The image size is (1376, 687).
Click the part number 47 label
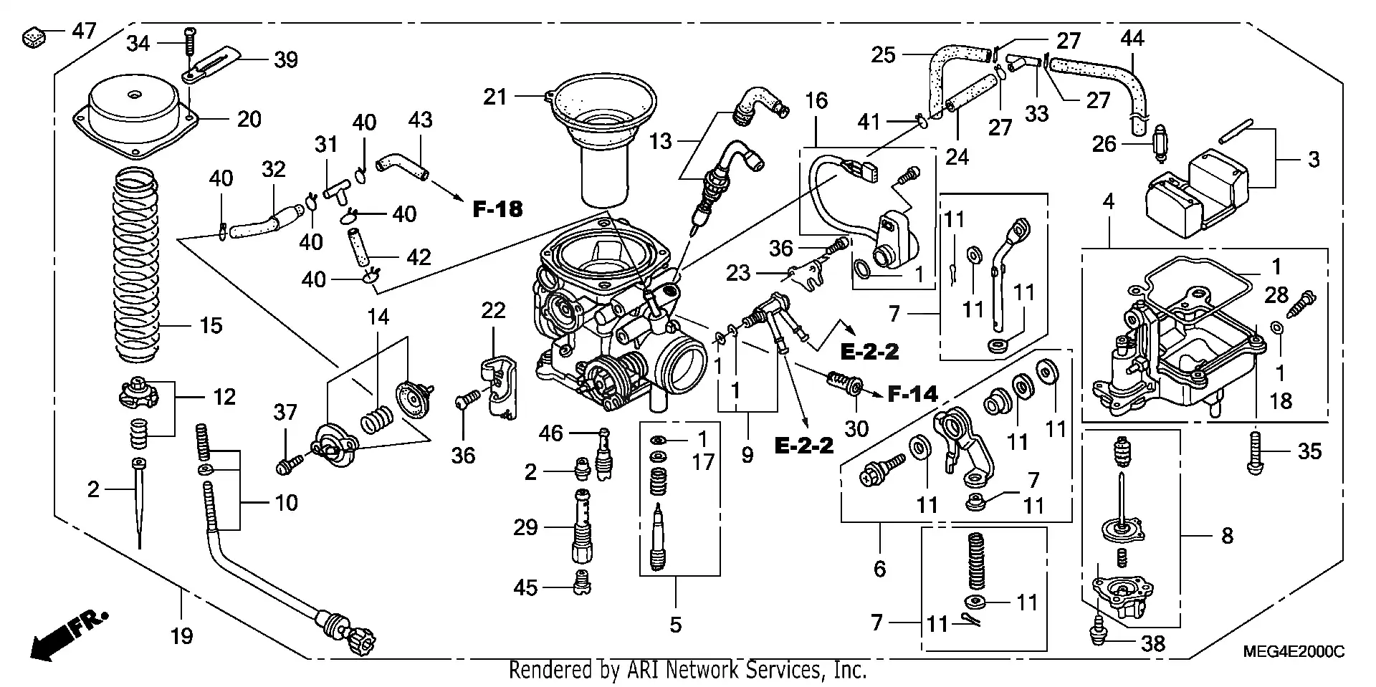pos(84,32)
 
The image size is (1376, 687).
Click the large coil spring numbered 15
pos(137,265)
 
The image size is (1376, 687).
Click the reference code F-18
pos(497,209)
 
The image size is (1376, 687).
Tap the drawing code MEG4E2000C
pos(1294,652)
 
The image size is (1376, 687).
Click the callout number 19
pos(182,635)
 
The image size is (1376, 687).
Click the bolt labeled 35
pos(1255,452)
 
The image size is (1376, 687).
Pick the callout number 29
pos(525,528)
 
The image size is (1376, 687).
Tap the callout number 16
pos(816,100)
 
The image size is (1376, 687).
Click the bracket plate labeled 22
pos(499,387)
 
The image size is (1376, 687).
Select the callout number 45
pos(525,587)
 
